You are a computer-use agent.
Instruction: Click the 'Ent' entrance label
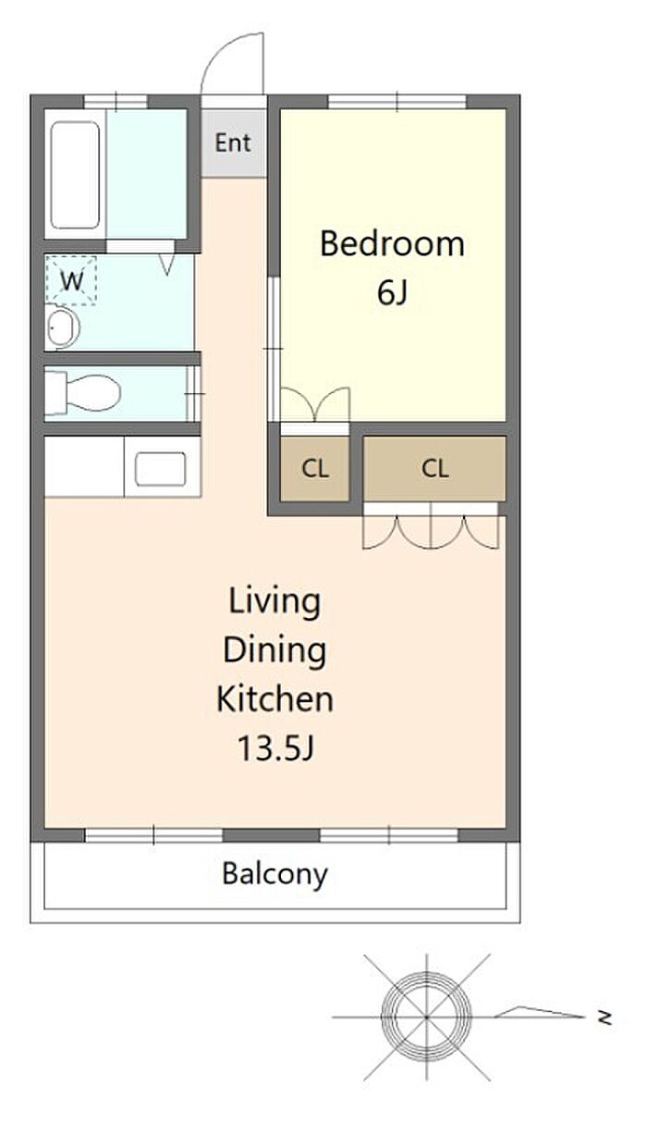click(x=232, y=142)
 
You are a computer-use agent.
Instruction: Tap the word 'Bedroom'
click(x=392, y=243)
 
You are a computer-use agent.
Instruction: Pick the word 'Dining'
click(x=275, y=650)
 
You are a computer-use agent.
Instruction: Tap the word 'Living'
click(x=275, y=601)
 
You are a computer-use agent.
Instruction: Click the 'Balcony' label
click(x=275, y=874)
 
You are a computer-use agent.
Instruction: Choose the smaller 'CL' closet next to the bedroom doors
click(x=314, y=468)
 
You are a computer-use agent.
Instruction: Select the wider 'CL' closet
click(x=434, y=468)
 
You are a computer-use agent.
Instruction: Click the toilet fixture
click(x=82, y=393)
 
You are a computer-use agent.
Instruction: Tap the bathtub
click(x=75, y=175)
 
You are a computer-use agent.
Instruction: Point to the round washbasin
click(x=63, y=327)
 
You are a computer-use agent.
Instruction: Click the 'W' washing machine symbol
click(x=71, y=281)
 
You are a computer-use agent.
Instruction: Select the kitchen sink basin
click(x=160, y=469)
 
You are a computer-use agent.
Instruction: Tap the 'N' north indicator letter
click(x=604, y=1018)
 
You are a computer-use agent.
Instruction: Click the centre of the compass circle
click(x=426, y=1018)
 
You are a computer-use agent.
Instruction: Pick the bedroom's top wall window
click(x=397, y=102)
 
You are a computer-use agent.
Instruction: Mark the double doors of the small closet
click(x=314, y=405)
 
